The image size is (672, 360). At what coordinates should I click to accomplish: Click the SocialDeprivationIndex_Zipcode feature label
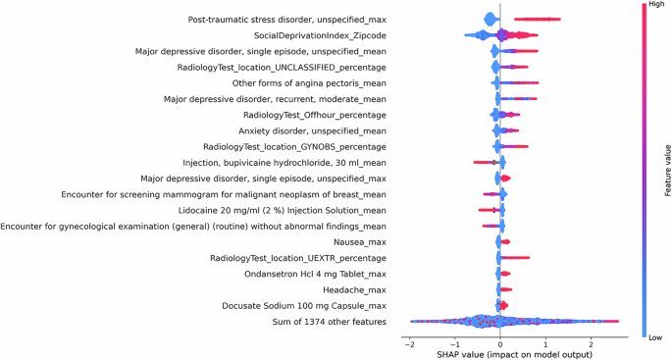pos(305,35)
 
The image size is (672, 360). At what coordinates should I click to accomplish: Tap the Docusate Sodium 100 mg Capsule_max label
pos(299,306)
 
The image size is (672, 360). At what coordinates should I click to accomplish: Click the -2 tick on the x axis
pos(407,342)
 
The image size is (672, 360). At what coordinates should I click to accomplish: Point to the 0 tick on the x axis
pos(500,342)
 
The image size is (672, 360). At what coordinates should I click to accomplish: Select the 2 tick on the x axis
pos(590,342)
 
